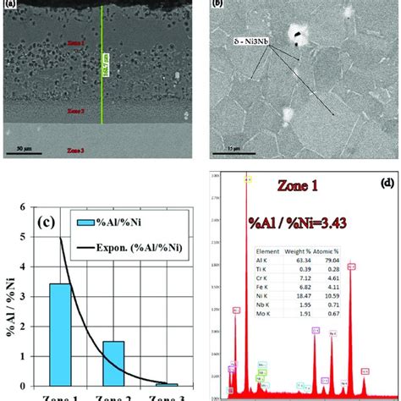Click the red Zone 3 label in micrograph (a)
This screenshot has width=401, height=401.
point(78,147)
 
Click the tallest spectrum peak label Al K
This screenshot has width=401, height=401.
point(248,179)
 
